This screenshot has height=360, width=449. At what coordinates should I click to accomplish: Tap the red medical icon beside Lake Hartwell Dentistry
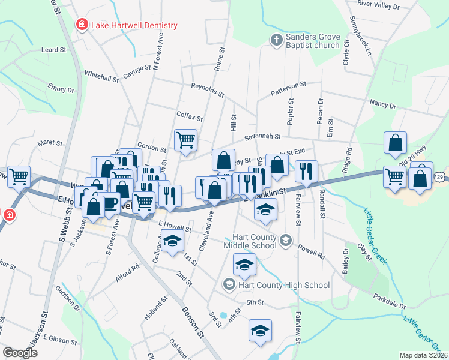(x=80, y=25)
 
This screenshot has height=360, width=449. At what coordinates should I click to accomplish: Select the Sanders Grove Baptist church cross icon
(x=276, y=40)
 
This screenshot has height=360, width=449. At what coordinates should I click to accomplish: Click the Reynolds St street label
(x=207, y=91)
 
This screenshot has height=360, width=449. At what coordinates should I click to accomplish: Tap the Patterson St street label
(x=288, y=89)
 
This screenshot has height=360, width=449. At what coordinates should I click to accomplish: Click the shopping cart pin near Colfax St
(x=185, y=140)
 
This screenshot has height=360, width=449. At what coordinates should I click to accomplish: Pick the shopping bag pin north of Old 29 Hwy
(x=395, y=143)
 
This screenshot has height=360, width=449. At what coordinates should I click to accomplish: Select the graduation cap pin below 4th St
(x=260, y=331)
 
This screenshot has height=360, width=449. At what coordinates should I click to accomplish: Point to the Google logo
(x=20, y=353)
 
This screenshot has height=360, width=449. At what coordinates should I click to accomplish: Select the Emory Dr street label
(x=61, y=89)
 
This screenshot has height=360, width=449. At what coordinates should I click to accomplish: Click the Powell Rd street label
(x=310, y=251)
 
